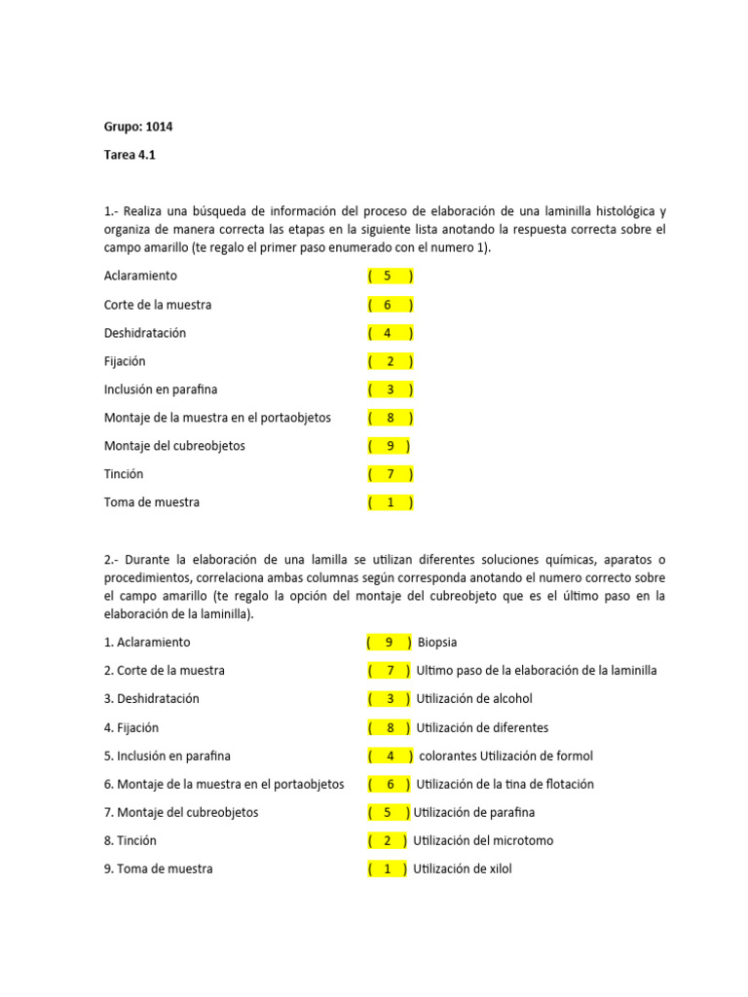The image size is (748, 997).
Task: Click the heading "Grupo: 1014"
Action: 138,127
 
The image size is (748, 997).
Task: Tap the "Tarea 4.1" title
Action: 130,155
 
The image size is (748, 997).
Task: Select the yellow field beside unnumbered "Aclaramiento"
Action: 390,276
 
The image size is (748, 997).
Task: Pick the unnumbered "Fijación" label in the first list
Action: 125,361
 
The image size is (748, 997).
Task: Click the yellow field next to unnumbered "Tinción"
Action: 390,474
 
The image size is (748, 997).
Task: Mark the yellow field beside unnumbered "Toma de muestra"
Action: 390,502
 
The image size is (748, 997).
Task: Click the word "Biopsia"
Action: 437,643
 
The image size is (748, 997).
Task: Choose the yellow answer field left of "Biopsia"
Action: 389,643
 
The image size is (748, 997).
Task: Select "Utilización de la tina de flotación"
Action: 505,784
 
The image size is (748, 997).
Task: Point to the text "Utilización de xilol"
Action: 462,868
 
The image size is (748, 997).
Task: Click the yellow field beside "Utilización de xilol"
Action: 388,868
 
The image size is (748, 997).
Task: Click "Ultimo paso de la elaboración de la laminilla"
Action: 536,671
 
